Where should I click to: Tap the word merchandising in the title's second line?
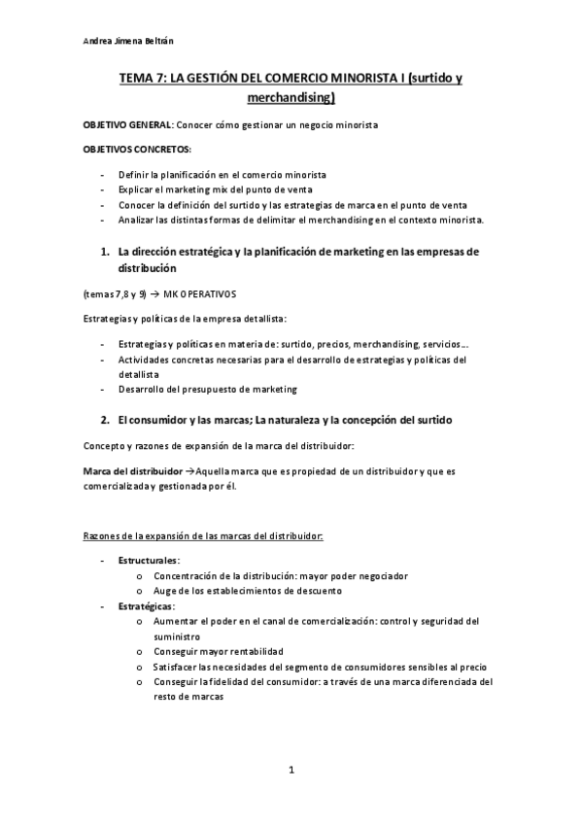291,97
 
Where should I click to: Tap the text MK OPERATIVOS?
199,292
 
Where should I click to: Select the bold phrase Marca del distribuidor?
131,470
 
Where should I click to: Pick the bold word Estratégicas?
146,605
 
